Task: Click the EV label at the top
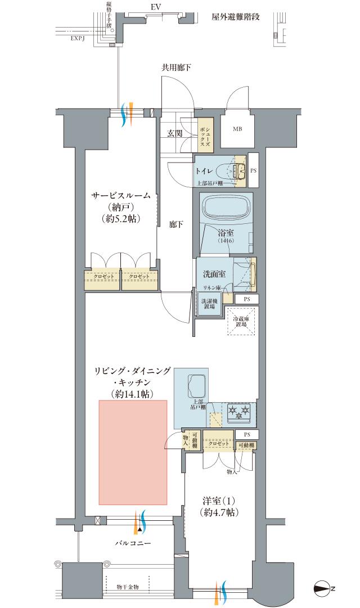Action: [x=156, y=8]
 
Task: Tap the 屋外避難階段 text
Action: [x=236, y=17]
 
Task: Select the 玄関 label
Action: [x=174, y=133]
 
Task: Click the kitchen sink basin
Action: [x=195, y=386]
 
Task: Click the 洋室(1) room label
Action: [x=219, y=500]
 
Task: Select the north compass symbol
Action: [x=322, y=588]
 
